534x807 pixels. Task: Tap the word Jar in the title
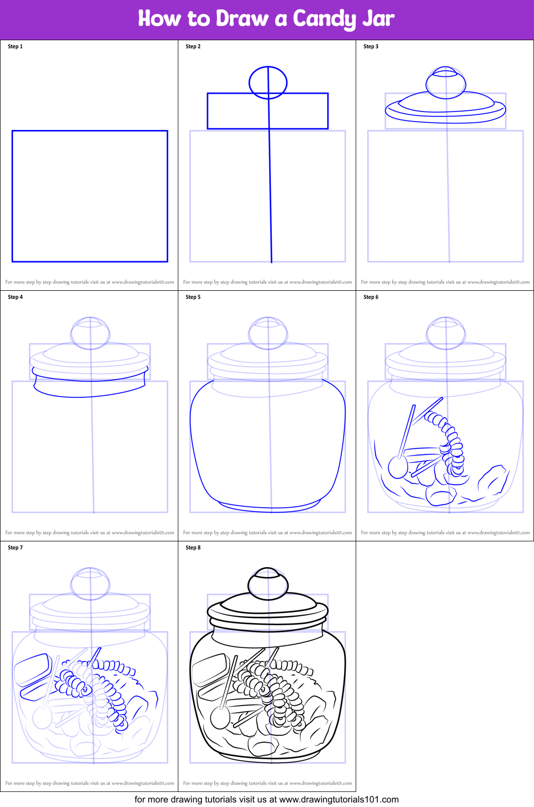point(378,18)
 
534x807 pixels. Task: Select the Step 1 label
point(15,47)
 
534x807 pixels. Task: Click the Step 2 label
point(193,47)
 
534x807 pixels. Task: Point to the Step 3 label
point(371,47)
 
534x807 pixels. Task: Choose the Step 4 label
point(15,297)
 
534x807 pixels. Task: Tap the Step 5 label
point(193,297)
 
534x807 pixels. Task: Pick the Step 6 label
point(371,297)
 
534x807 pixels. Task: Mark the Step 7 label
point(15,547)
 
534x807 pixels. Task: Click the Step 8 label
point(193,547)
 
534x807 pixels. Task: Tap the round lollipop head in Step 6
point(398,467)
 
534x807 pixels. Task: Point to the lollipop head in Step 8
point(220,718)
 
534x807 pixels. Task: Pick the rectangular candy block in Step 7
point(33,669)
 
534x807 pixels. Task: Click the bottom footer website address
point(339,800)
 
